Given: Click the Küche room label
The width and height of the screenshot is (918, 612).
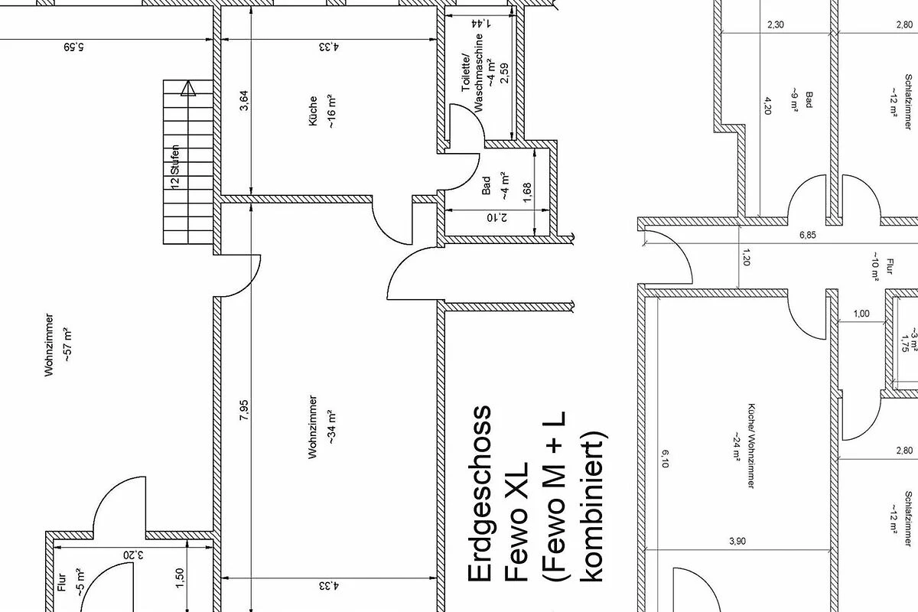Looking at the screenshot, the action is [313, 111].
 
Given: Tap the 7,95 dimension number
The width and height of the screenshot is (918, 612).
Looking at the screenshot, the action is [244, 410].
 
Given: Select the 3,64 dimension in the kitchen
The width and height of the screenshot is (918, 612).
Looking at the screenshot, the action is [244, 101].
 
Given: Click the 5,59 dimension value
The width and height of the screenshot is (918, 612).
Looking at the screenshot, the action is [73, 47].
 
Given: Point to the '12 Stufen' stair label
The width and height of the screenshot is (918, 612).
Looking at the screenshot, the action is [175, 167].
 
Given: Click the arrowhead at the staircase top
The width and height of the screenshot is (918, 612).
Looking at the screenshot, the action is [188, 88].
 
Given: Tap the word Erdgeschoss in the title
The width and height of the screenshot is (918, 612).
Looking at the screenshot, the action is [480, 493].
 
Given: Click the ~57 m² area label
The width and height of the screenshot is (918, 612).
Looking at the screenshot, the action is [67, 345].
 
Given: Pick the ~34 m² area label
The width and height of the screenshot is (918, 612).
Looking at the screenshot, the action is [331, 427].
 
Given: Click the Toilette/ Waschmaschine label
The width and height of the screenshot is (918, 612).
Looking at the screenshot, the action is [473, 73].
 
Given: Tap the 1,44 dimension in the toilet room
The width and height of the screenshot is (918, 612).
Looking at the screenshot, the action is [480, 24].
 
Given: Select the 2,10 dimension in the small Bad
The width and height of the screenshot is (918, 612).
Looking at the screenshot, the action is [496, 217].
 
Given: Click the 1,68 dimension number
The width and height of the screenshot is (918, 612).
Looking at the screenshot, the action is [527, 192].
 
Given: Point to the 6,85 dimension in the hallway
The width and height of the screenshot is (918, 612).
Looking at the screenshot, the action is [807, 236].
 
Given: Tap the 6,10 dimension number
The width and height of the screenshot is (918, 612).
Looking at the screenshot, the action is [665, 459].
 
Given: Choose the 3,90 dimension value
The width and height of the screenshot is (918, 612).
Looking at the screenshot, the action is [737, 541].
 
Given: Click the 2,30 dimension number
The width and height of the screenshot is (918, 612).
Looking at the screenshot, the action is [776, 24].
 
